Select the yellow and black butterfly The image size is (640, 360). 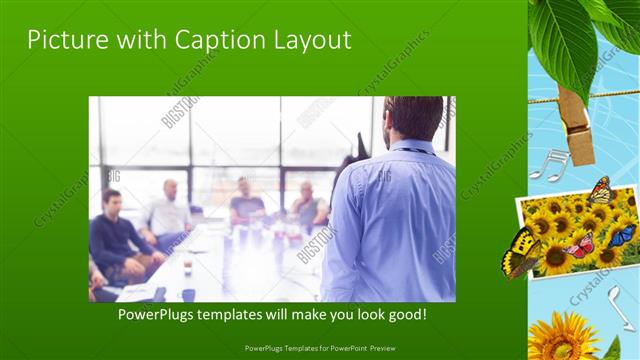(x=520, y=252)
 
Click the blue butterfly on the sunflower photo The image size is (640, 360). (x=622, y=236)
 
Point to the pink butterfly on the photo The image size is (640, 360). (x=580, y=245)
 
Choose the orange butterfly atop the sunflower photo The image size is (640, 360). (x=601, y=189)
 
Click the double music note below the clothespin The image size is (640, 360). (x=549, y=164)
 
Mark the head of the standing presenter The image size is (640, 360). (x=408, y=118)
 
